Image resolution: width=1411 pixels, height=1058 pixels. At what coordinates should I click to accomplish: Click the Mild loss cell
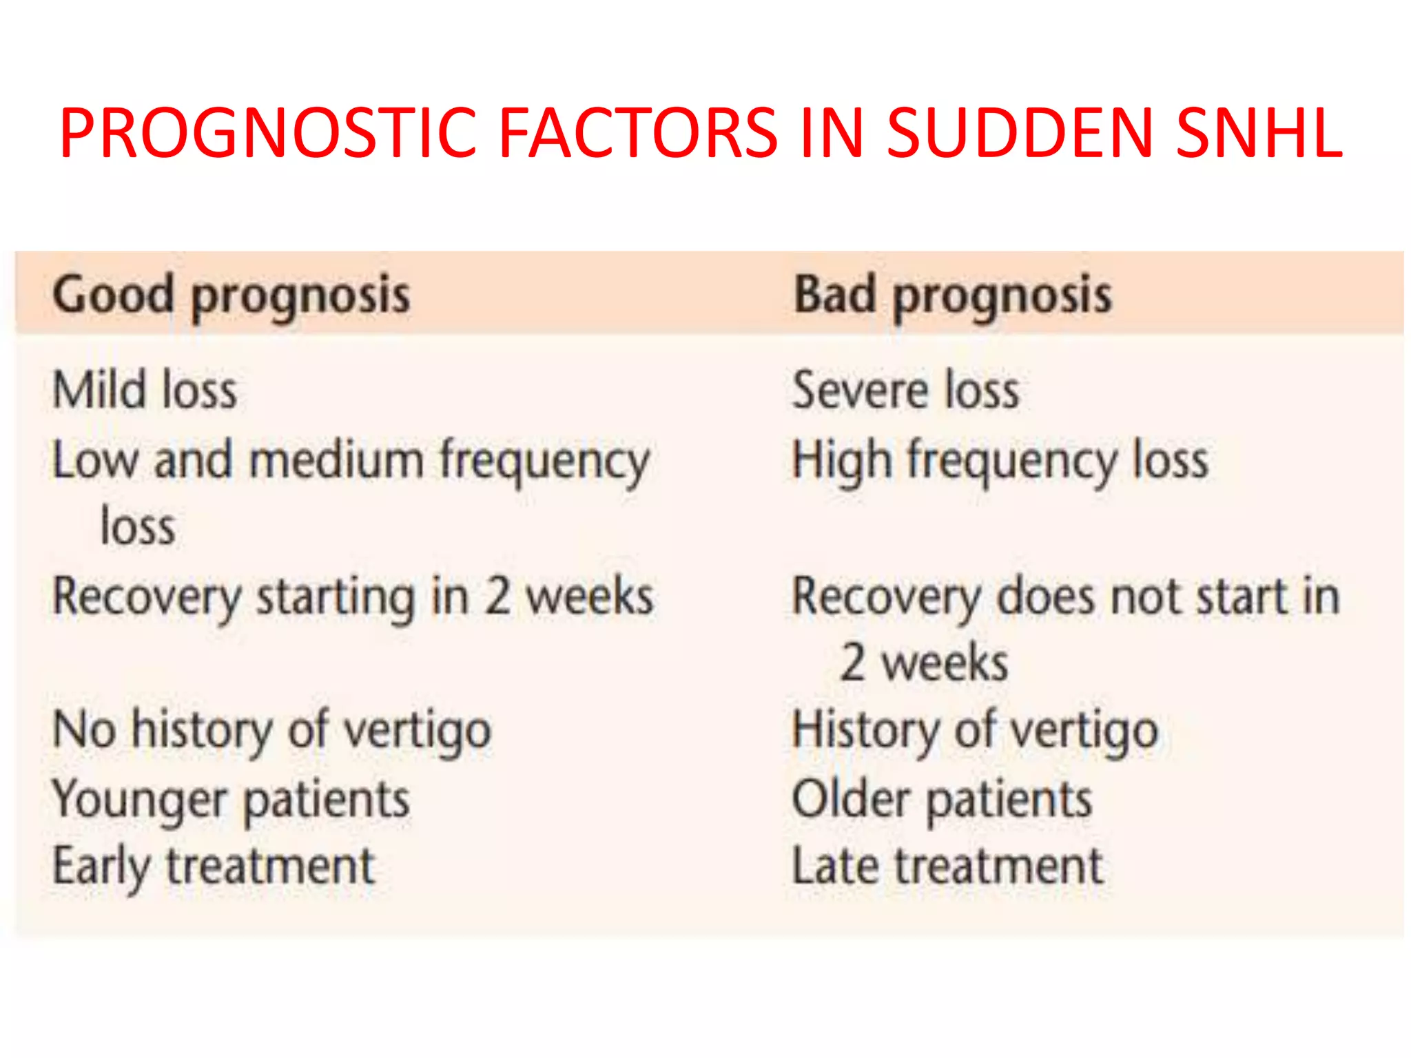145,390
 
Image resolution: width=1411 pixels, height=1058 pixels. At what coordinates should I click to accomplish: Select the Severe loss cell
906,390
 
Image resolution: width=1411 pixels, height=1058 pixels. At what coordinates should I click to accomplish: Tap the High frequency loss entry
1000,460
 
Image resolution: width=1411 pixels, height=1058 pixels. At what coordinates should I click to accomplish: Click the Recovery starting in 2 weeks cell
353,597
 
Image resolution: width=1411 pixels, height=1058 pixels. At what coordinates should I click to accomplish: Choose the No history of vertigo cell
272,730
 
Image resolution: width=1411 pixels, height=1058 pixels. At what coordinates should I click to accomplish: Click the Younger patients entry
231,799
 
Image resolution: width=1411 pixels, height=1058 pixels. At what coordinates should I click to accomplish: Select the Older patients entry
943,799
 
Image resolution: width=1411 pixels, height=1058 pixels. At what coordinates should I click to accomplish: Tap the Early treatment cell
214,867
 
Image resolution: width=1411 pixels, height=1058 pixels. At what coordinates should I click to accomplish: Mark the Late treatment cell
948,867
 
